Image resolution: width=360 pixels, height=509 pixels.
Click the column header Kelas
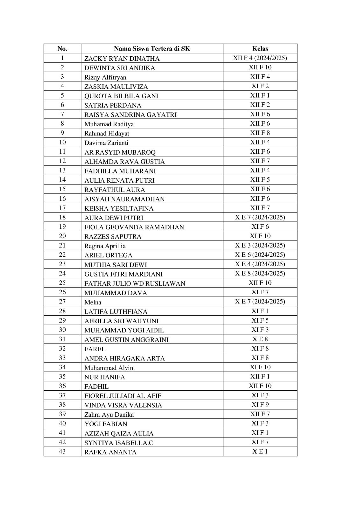(260, 49)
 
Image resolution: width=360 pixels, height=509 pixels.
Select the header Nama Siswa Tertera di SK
(152, 49)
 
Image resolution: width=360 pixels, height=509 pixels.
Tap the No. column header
(62, 49)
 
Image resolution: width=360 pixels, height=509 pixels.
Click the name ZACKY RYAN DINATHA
(122, 59)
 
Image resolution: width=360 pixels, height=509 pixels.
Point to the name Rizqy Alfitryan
(105, 77)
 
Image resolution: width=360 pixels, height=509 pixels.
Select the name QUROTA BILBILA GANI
(121, 96)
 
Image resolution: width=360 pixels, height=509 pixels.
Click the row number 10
(62, 142)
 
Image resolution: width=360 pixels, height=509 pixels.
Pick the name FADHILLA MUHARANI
(120, 171)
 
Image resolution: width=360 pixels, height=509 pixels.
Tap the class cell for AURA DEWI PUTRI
(260, 217)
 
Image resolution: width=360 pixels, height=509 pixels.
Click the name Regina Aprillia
(105, 246)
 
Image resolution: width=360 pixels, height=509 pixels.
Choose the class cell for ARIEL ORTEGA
(260, 255)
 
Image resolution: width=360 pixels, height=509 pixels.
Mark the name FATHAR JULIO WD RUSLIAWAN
(135, 283)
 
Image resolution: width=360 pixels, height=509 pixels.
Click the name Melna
(93, 302)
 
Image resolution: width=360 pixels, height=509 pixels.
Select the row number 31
(62, 339)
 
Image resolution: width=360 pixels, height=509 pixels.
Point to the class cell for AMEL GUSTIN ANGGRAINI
(260, 339)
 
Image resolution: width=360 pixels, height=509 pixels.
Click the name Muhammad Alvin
(109, 368)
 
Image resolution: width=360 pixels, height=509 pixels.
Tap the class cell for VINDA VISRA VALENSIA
(260, 405)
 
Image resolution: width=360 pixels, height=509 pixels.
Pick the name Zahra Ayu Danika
(109, 415)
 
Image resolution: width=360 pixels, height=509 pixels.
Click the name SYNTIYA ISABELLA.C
(119, 443)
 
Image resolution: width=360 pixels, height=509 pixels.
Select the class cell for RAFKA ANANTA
(260, 451)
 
